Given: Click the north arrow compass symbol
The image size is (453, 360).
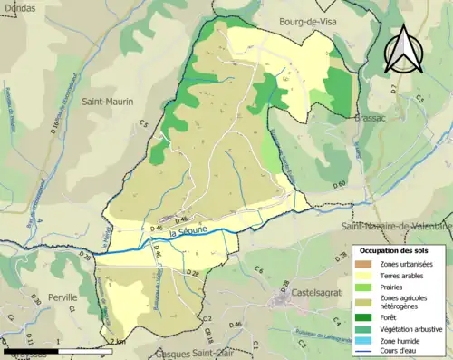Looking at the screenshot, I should point(401,50).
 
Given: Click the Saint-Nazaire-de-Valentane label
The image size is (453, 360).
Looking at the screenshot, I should point(396,225).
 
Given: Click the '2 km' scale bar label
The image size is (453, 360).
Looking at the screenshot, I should point(117,342).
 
